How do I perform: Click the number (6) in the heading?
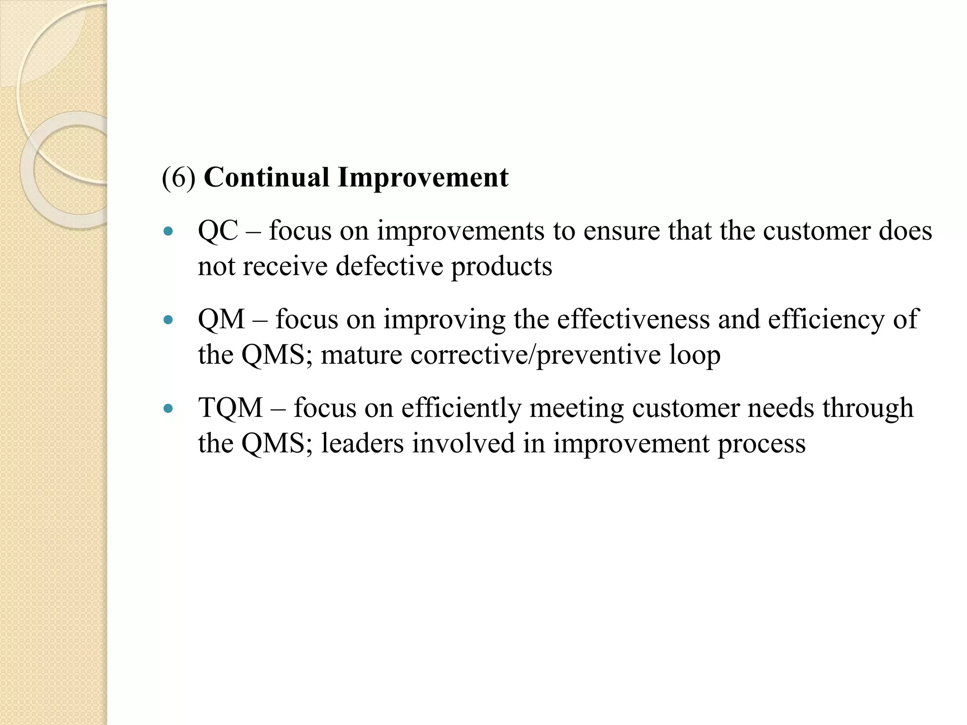tap(178, 178)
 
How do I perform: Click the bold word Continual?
tap(266, 178)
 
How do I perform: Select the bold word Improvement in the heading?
tap(423, 178)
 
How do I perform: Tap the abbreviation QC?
tap(218, 231)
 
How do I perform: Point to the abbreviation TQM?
tap(230, 407)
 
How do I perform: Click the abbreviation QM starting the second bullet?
tap(221, 319)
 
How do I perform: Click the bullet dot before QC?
tap(168, 231)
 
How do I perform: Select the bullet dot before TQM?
tap(168, 408)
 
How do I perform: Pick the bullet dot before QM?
tap(168, 320)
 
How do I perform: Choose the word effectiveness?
tap(633, 319)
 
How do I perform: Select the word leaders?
tap(362, 443)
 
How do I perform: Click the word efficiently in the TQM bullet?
tap(461, 408)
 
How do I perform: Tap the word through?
tap(867, 408)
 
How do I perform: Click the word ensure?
tap(621, 231)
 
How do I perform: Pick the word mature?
tap(361, 355)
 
